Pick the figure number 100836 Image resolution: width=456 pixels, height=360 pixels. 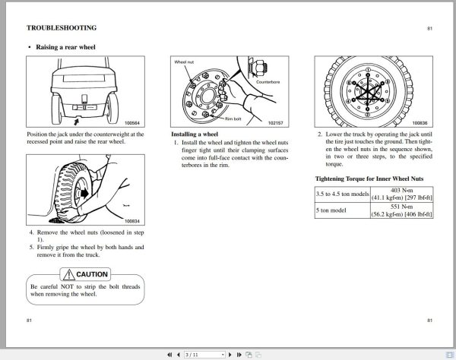click(x=420, y=122)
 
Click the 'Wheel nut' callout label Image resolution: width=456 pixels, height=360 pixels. click(x=185, y=62)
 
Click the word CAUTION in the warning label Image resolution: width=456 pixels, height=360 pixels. click(x=91, y=274)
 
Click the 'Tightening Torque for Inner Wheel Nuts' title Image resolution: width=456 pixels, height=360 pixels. click(x=369, y=178)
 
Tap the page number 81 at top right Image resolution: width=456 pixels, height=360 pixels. click(x=429, y=27)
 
